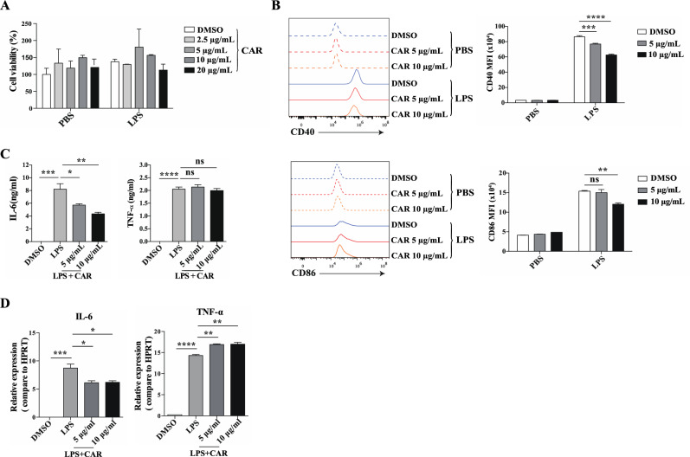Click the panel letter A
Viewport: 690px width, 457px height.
coord(8,6)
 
